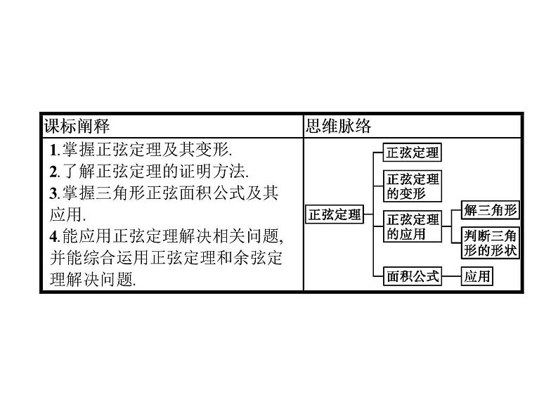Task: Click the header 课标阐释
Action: (x=77, y=126)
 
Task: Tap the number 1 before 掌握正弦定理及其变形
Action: (x=54, y=150)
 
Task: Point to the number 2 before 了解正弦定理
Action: (x=54, y=171)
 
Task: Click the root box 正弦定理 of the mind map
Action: (x=335, y=214)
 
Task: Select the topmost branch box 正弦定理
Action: (x=413, y=152)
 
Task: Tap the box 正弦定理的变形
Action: (x=413, y=186)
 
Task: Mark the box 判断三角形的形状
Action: (x=491, y=243)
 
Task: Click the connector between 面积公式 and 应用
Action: (x=451, y=276)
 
